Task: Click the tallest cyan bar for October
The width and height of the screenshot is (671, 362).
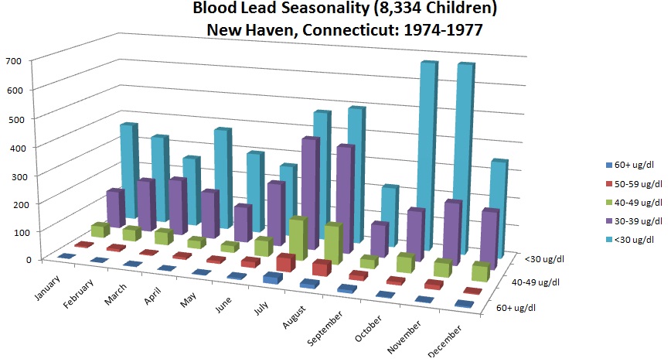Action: [x=425, y=155]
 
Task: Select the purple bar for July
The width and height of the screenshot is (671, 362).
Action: [x=309, y=201]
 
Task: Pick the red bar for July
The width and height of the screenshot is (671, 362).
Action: [x=284, y=263]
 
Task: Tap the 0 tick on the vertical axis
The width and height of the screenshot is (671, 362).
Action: [x=27, y=259]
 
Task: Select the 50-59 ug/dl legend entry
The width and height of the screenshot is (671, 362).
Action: [x=635, y=183]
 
